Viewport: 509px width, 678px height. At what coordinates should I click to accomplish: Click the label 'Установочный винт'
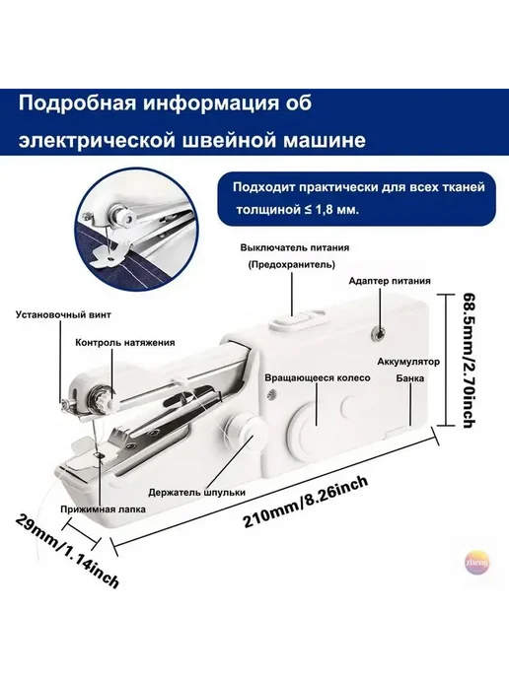click(63, 314)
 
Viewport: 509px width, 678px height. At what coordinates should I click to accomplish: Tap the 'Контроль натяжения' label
click(125, 343)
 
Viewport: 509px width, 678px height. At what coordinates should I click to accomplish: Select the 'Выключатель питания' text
click(295, 247)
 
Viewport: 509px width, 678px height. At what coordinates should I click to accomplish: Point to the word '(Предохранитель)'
click(292, 265)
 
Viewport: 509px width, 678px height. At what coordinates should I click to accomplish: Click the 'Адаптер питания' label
click(390, 281)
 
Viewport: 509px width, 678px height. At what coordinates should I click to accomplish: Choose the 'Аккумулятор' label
click(408, 362)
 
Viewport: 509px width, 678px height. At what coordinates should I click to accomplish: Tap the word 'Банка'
click(410, 378)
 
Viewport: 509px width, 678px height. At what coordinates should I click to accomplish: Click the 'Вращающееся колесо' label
click(318, 377)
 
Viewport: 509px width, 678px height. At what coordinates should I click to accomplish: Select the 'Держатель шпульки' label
click(197, 493)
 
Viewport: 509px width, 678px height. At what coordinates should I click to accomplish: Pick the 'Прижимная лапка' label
click(104, 509)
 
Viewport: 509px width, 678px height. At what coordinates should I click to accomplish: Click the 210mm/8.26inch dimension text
click(306, 502)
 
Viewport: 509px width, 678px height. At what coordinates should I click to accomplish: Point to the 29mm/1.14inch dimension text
click(67, 551)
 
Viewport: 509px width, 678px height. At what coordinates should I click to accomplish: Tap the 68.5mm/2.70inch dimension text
click(469, 361)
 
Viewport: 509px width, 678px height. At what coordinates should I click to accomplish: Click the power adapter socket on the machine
click(380, 332)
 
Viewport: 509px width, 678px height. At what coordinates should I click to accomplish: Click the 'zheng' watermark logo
click(476, 563)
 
